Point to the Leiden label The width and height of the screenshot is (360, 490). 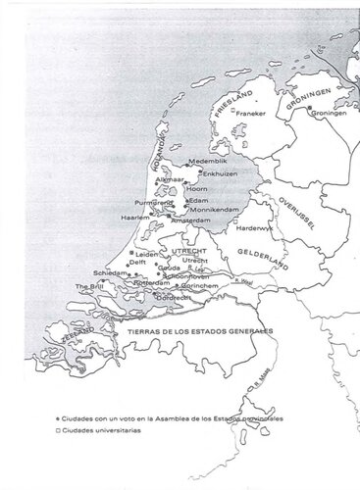coord(146,253)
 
